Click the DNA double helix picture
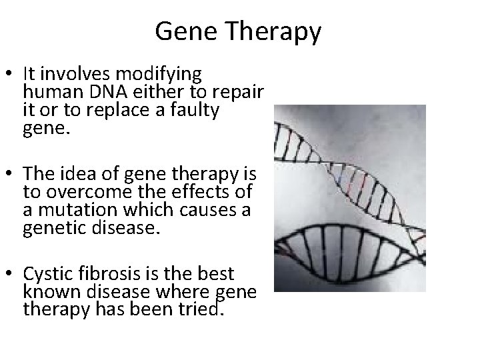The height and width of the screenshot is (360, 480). point(351,198)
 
